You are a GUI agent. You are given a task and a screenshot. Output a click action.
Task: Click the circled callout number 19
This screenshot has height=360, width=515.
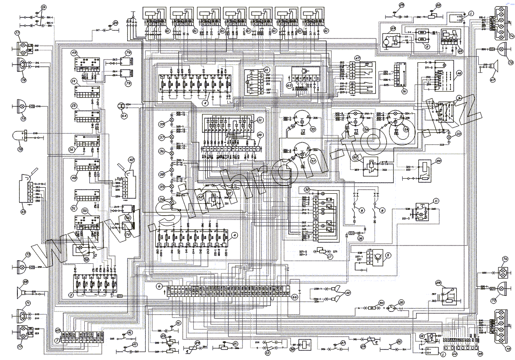tap(44, 8)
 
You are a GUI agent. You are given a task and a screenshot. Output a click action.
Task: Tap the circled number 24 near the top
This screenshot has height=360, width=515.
tap(115, 22)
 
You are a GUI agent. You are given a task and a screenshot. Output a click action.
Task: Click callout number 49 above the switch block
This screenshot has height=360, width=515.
tap(73, 53)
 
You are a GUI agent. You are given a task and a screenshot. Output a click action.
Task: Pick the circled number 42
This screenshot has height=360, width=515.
tap(131, 160)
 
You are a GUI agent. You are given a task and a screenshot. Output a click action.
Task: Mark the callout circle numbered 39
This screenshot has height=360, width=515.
tap(162, 125)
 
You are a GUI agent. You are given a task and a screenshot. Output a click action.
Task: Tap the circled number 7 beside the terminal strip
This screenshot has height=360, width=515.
tap(56, 340)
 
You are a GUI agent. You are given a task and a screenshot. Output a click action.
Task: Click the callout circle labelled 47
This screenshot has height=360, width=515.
tap(357, 58)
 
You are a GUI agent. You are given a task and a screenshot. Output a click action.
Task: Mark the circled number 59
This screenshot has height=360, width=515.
tap(438, 161)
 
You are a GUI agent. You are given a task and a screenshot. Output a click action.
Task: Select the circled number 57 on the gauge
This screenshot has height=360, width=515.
tap(301, 161)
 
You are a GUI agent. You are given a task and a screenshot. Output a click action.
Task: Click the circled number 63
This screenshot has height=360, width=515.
tap(289, 85)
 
